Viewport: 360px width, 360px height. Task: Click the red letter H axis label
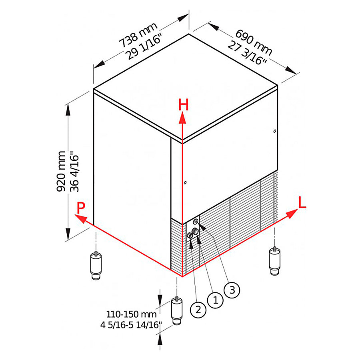[x=183, y=105]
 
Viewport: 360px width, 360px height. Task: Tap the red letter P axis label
[x=81, y=208]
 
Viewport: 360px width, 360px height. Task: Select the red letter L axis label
[x=302, y=203]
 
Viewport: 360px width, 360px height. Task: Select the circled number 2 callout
[x=199, y=308]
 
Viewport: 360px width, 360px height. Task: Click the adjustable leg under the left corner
[x=96, y=266]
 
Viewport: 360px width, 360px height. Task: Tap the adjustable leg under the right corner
[x=274, y=261]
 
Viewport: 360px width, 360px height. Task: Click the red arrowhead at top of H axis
[x=182, y=117]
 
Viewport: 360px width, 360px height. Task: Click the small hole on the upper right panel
[x=274, y=131]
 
